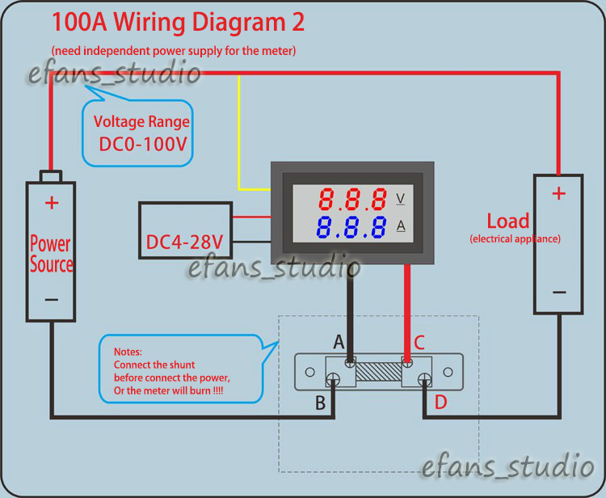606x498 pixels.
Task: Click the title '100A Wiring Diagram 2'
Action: (179, 23)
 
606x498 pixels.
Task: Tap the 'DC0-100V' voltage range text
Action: (143, 144)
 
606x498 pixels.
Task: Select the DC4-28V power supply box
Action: (186, 230)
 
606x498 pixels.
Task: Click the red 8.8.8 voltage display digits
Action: (352, 199)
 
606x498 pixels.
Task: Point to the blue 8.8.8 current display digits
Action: (351, 227)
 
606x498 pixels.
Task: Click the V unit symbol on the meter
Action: (401, 198)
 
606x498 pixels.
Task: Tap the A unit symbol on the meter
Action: (401, 226)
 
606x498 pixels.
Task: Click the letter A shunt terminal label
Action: (339, 342)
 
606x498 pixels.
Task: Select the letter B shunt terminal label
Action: (321, 403)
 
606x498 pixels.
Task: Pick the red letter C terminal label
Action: (419, 343)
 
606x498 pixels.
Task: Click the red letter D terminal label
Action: (441, 403)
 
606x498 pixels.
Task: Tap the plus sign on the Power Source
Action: (52, 203)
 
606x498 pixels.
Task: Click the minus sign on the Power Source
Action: (52, 300)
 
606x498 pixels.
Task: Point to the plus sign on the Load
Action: (559, 193)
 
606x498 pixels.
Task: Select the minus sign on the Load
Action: (559, 293)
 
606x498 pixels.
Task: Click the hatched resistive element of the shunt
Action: (379, 372)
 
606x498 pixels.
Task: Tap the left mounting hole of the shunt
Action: (310, 372)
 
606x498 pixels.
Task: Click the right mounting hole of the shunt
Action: (448, 372)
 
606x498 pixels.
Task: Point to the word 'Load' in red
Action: (508, 222)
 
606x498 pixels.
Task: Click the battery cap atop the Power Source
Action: (51, 176)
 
